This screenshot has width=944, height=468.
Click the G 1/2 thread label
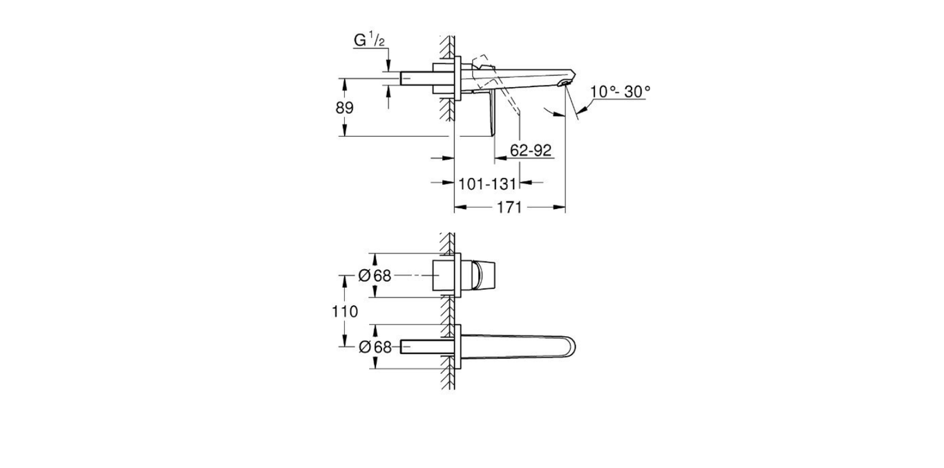click(x=370, y=41)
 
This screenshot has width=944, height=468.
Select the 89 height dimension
click(x=345, y=108)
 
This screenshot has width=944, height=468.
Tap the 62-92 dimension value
click(x=531, y=150)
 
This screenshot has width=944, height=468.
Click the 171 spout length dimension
click(x=509, y=207)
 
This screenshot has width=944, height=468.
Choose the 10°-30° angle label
click(x=621, y=91)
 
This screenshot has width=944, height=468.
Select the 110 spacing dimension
click(x=345, y=311)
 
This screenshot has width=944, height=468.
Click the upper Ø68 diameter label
click(x=375, y=275)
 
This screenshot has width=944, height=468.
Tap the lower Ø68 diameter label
click(x=375, y=347)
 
